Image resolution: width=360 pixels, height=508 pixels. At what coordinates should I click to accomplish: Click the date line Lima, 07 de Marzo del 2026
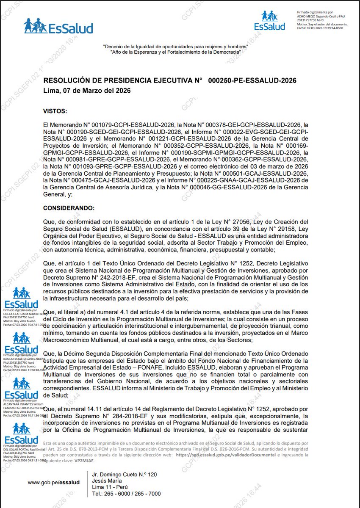tap(87, 91)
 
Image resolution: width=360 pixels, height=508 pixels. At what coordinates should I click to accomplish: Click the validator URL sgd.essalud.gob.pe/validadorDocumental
tap(226, 454)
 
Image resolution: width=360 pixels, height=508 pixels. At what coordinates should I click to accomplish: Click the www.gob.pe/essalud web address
tap(54, 482)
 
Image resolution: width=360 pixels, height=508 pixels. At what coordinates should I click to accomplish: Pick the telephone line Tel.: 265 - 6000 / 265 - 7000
tap(126, 494)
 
